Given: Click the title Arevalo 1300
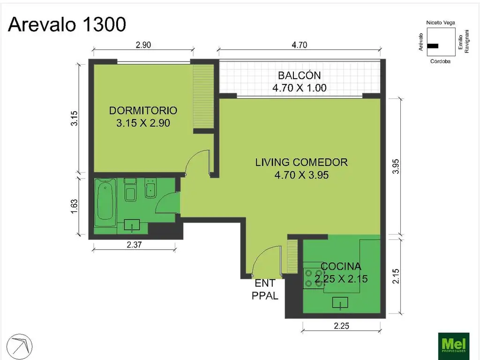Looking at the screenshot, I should [x=67, y=24].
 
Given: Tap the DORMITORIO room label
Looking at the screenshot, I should [x=143, y=117].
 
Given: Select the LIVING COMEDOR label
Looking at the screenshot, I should [x=301, y=168].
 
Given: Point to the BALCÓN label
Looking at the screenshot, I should [x=299, y=81].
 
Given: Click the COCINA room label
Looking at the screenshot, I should [x=341, y=272].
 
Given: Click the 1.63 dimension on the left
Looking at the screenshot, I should [x=74, y=207].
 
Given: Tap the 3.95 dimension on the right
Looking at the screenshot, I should [x=396, y=166].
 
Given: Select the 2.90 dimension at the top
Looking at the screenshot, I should [x=143, y=45].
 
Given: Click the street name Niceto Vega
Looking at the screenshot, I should [x=440, y=22].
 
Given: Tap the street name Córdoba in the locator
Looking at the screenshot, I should [x=440, y=61].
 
